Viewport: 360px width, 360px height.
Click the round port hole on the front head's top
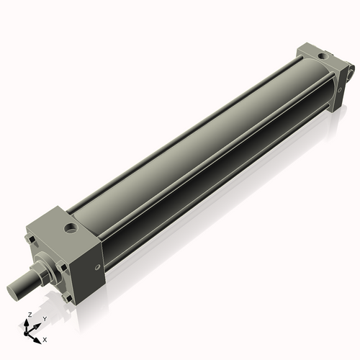tap(70, 230)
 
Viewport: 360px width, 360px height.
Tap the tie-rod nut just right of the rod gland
tap(64, 269)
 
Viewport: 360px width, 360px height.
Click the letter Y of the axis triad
tap(45, 318)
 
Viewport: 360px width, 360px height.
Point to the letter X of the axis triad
tap(45, 338)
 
